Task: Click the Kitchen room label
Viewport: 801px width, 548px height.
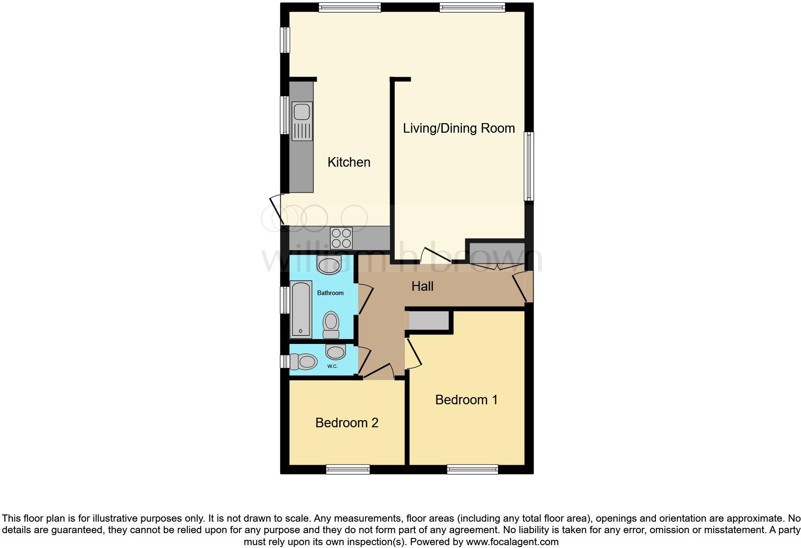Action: pos(349,162)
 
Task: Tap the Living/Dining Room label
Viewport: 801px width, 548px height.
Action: pos(458,128)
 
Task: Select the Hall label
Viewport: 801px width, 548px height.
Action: pos(422,286)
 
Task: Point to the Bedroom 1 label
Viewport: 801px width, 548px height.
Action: pos(466,400)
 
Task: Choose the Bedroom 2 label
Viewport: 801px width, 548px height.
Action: pos(347,422)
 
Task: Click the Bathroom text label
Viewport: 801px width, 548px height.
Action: pos(330,293)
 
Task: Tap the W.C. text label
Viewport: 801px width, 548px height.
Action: pos(332,366)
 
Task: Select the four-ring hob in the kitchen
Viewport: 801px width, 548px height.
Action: pos(341,238)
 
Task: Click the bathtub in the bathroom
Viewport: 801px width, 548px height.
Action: pos(301,310)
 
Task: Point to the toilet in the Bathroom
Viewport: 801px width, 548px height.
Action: pos(331,325)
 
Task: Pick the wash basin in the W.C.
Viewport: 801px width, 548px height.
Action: pos(335,352)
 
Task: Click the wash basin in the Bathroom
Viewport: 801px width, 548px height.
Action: pos(329,265)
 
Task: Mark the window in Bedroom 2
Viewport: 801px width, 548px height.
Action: pos(348,469)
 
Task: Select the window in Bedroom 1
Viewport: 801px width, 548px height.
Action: pos(472,469)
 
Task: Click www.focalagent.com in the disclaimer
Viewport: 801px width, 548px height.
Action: pos(512,542)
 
